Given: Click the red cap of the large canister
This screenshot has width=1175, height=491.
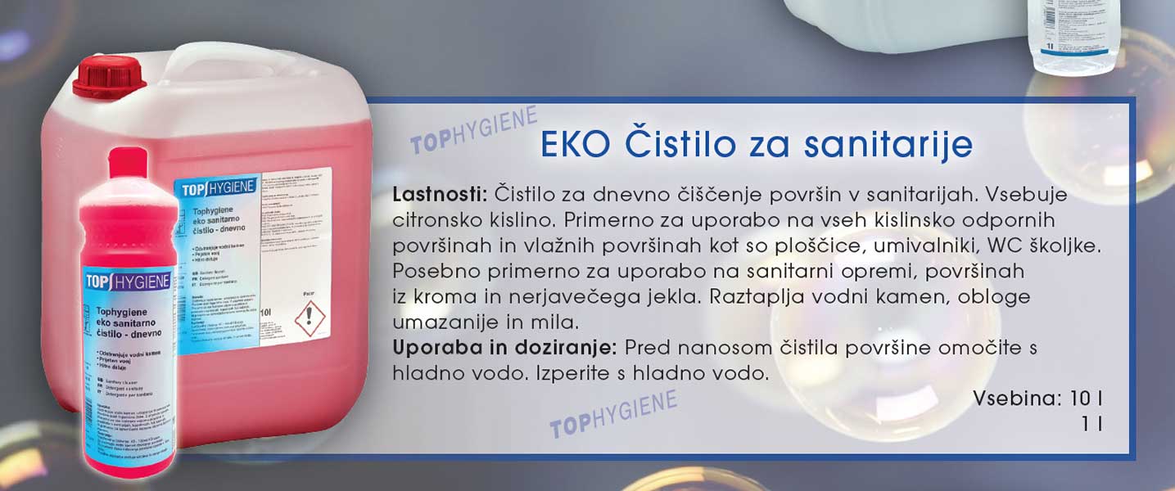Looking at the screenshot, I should [108, 75].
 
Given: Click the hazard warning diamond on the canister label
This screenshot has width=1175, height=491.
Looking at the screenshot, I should [310, 318].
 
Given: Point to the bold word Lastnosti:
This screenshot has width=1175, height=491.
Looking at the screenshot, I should [440, 196].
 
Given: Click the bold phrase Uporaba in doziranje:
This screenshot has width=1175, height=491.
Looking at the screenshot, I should [504, 348].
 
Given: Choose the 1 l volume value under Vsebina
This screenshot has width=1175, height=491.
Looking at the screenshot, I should [1091, 424].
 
